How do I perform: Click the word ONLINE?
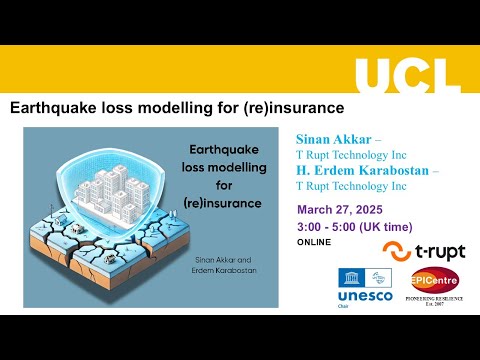pyautogui.click(x=314, y=243)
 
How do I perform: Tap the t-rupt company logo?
pyautogui.click(x=424, y=251)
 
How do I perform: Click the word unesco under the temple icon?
pyautogui.click(x=366, y=297)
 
